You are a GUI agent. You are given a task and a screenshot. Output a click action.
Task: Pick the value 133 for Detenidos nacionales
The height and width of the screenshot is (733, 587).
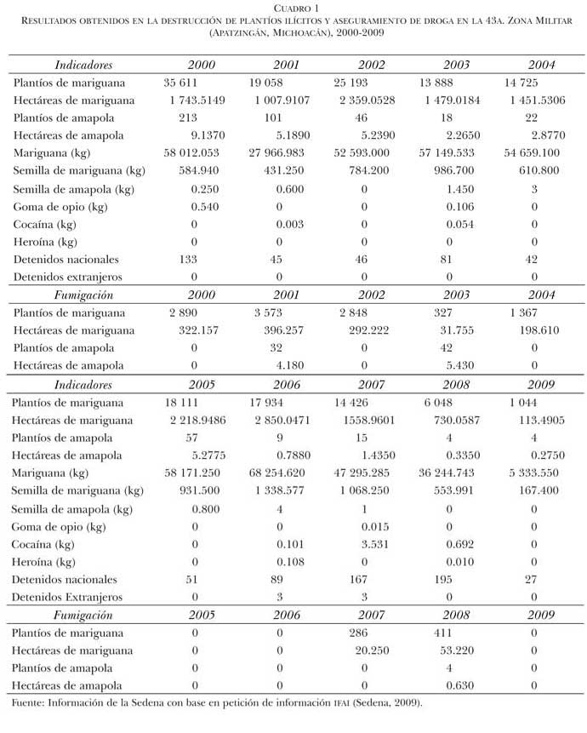click(x=190, y=259)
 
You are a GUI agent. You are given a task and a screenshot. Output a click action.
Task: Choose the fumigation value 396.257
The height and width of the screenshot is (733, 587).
click(x=288, y=329)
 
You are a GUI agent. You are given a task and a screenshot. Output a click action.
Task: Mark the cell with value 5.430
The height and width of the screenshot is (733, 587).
click(x=460, y=365)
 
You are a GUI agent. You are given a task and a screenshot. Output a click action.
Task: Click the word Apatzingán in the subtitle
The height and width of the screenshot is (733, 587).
click(x=242, y=32)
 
